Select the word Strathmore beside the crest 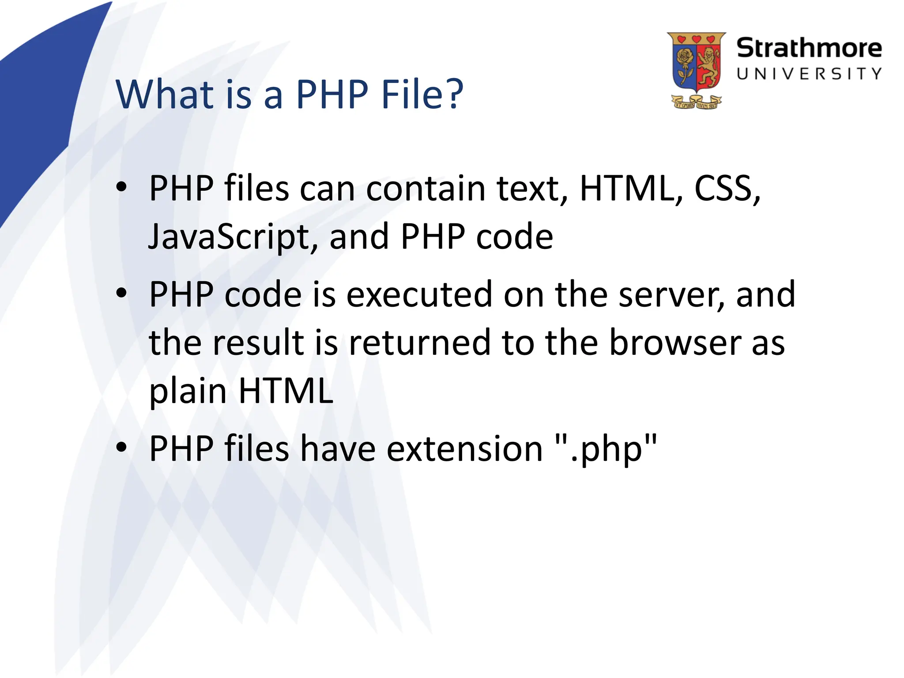tap(809, 48)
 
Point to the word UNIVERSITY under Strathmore tap(809, 74)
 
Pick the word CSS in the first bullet tap(727, 189)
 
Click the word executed tap(419, 294)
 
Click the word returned tap(419, 343)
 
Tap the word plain tap(188, 392)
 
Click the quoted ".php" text tap(606, 448)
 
